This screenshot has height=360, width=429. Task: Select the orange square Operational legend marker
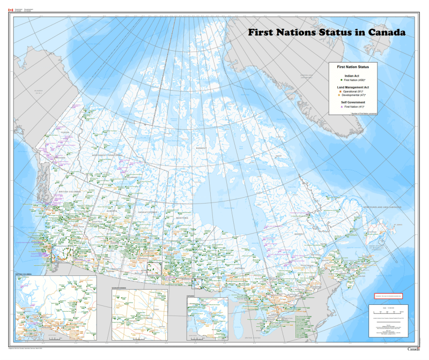click(x=340, y=92)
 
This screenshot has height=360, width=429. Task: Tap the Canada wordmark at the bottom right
click(x=415, y=349)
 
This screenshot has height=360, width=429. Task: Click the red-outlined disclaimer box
click(x=388, y=295)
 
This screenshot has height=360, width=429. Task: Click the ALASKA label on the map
click(x=38, y=92)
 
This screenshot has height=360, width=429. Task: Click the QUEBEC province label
click(x=298, y=234)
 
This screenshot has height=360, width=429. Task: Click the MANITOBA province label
click(x=183, y=218)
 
